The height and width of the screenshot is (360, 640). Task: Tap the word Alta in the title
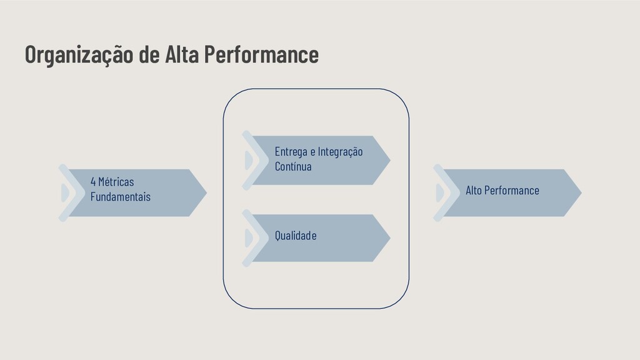click(182, 55)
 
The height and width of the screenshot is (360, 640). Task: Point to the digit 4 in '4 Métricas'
click(93, 182)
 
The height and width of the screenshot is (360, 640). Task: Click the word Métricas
click(116, 182)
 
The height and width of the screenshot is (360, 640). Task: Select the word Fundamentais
click(121, 197)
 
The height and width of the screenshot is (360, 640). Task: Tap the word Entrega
click(291, 152)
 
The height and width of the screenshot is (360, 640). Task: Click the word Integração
click(340, 152)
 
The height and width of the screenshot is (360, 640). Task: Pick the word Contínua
click(293, 167)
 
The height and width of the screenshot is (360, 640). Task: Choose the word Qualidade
click(296, 236)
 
